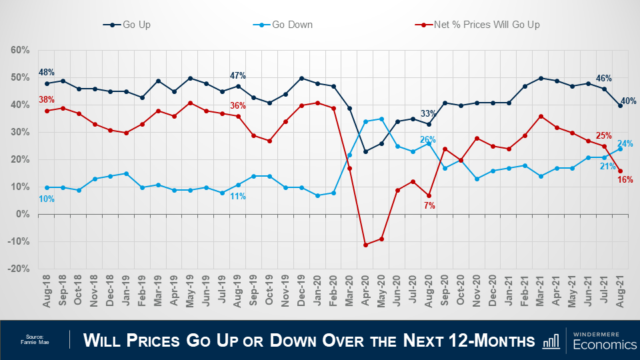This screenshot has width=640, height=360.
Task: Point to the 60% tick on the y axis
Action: coord(20,50)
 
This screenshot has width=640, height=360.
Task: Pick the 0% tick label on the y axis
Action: coord(22,214)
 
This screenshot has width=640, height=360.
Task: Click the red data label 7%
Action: coord(429,206)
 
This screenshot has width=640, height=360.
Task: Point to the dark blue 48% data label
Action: coord(47,72)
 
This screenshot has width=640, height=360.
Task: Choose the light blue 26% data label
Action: coord(428,140)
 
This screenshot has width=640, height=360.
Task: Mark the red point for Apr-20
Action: coord(365,245)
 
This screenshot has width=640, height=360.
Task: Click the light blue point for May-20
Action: coord(381,119)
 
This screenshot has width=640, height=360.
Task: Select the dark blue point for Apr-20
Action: coord(365,151)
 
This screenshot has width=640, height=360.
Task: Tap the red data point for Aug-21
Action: coord(621,171)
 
